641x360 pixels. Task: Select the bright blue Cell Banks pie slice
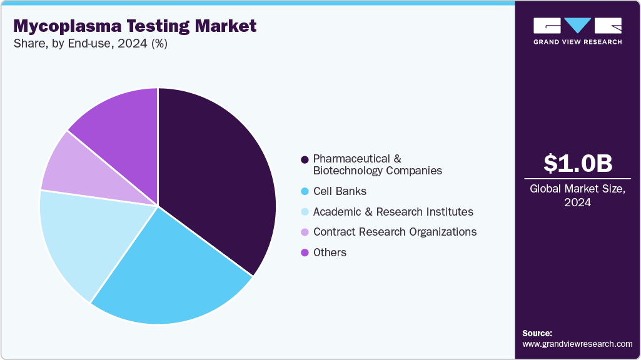point(169,275)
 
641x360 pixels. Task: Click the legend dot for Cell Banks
point(305,191)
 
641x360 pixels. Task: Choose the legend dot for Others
point(305,252)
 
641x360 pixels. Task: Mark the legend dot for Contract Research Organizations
point(305,232)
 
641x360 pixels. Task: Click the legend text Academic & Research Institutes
point(393,212)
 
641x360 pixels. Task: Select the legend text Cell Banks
point(340,191)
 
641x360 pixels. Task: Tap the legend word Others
point(330,252)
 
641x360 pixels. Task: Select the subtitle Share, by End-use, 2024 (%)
point(89,44)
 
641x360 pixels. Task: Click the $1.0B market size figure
point(577,164)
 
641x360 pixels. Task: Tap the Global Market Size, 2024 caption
point(577,196)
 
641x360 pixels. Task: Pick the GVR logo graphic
point(577,26)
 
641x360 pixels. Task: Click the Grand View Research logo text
point(577,42)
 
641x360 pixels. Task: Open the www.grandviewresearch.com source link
point(577,344)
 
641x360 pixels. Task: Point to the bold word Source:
point(537,333)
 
